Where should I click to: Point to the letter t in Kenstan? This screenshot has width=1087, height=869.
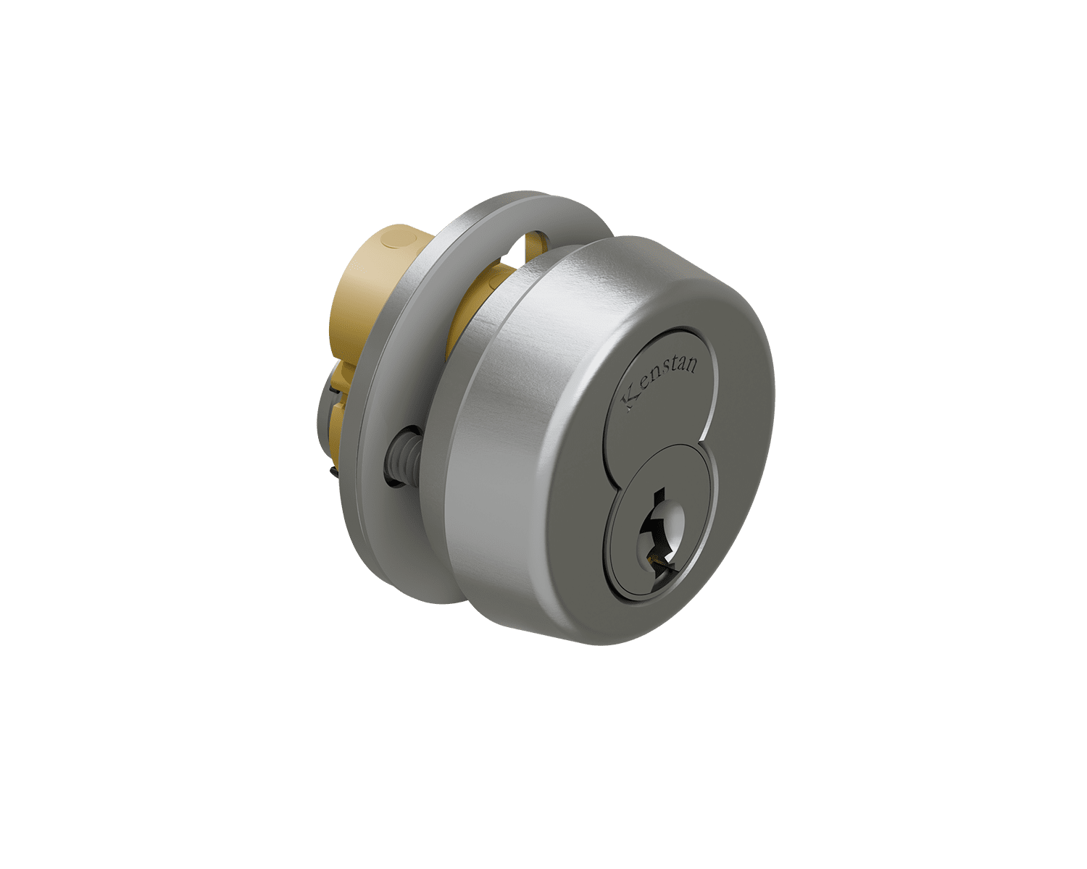(x=673, y=371)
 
